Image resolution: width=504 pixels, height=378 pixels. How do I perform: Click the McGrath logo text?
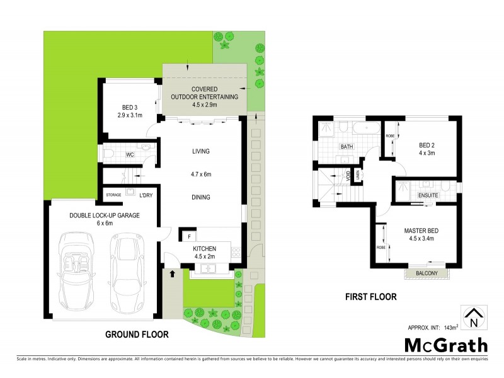tap(445, 345)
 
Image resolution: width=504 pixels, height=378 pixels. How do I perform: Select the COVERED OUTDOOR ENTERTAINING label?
tap(205, 97)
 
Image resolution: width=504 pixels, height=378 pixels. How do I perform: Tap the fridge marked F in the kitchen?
tap(188, 237)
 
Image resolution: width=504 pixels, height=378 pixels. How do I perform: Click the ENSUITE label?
tap(428, 195)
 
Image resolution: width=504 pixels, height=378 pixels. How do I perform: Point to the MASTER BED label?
tap(421, 231)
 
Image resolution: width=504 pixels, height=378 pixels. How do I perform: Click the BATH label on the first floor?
tap(346, 147)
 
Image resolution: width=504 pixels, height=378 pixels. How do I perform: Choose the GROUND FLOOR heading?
tap(137, 335)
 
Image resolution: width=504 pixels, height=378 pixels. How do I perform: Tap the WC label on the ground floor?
tap(130, 154)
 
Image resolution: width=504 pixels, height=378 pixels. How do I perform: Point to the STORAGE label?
tap(113, 195)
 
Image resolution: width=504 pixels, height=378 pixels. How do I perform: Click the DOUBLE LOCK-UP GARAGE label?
tap(105, 215)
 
